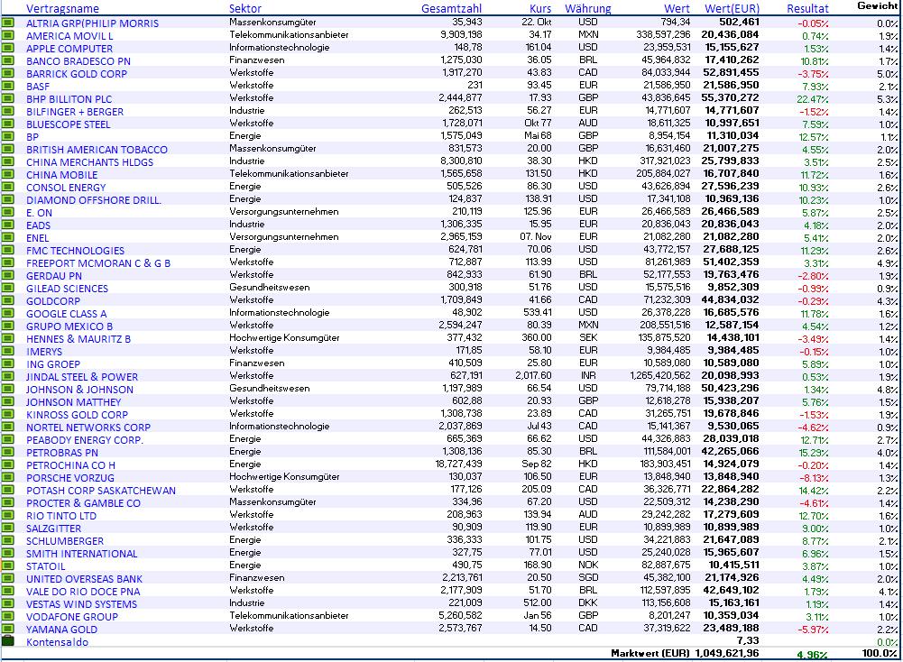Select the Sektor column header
tap(245, 8)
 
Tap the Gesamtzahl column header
tap(451, 8)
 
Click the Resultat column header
tap(807, 8)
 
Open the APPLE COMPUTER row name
tap(69, 49)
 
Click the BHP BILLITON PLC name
tap(69, 99)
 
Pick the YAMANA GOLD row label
tap(61, 630)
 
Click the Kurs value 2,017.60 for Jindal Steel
tap(533, 377)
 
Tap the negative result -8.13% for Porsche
tap(814, 478)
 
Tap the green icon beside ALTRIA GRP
tap(9, 23)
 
